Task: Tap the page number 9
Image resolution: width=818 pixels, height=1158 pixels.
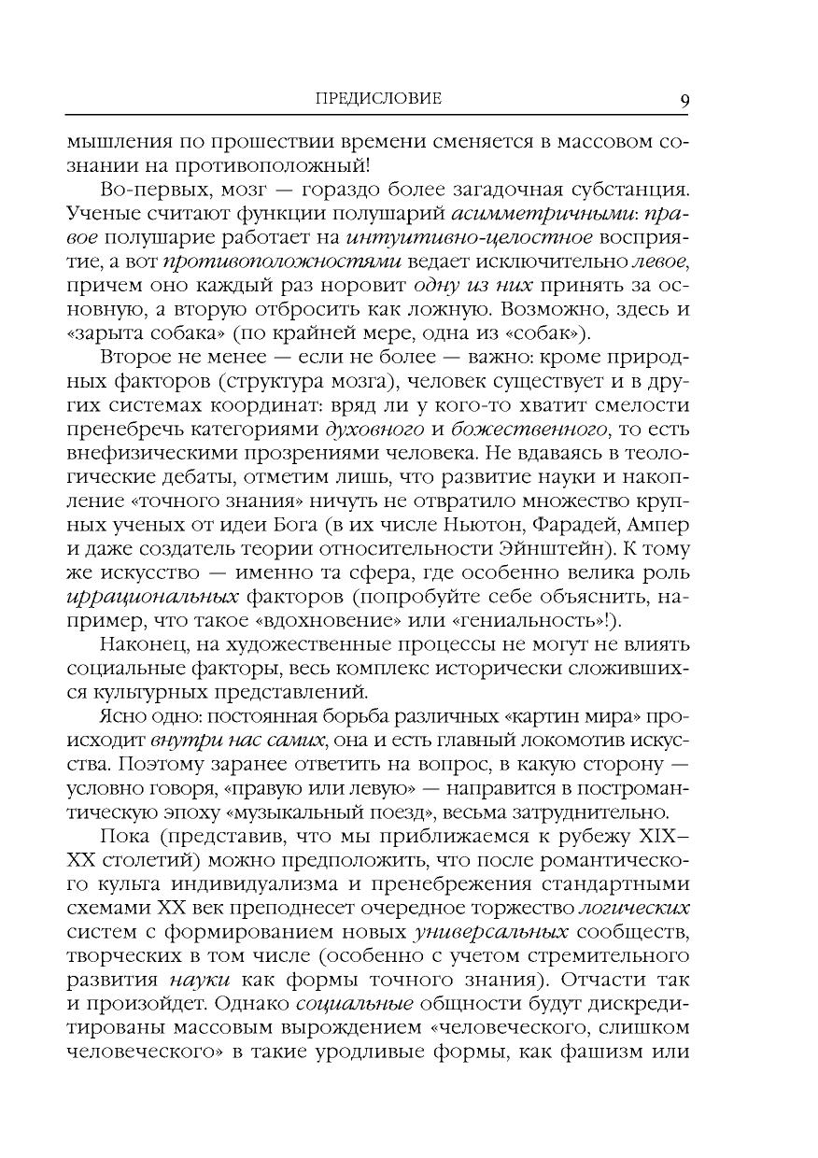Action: tap(684, 100)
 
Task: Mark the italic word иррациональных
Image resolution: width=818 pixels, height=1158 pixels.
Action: tap(147, 595)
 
